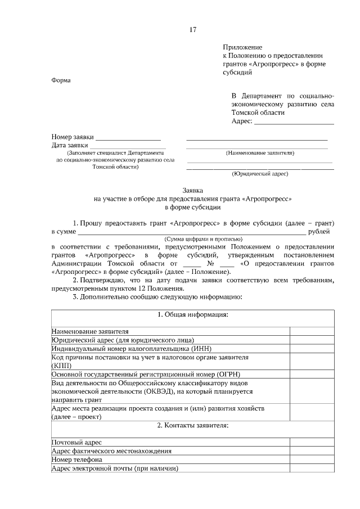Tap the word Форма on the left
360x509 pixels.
pos(61,80)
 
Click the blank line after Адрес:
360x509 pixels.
pos(294,122)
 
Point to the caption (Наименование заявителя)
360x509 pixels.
pos(260,153)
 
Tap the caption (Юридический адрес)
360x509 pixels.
pos(260,174)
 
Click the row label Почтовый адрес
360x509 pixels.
pos(76,443)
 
